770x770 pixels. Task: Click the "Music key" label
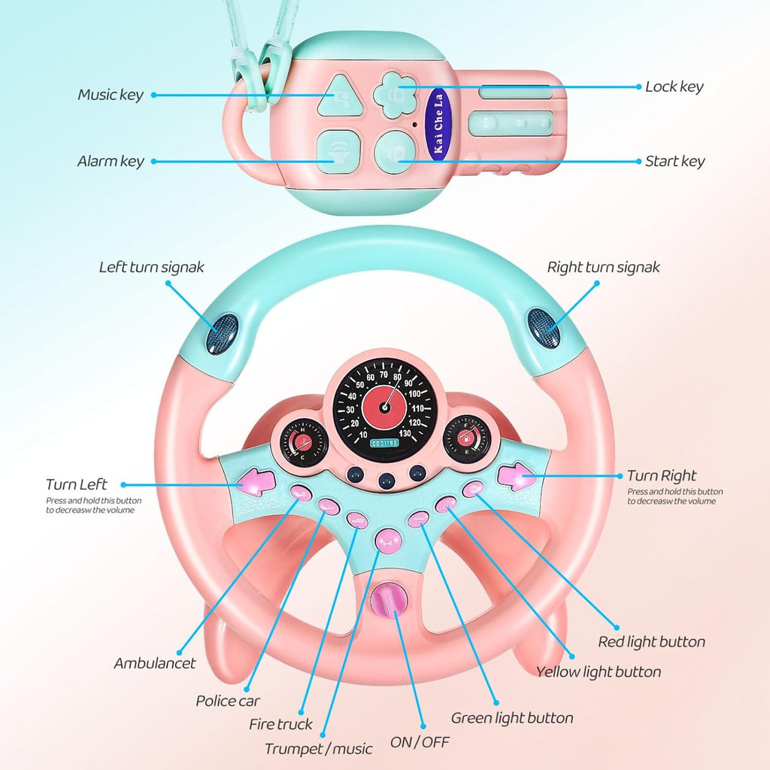[110, 95]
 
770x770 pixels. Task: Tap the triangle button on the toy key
[335, 96]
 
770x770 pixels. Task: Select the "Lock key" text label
[675, 86]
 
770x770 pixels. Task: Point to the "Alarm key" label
[110, 161]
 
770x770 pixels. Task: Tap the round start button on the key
[394, 150]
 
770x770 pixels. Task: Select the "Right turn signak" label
[603, 267]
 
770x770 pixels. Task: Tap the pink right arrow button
[517, 477]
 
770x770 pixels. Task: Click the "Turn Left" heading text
[77, 484]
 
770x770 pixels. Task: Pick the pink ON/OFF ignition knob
[388, 601]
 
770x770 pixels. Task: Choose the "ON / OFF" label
[420, 742]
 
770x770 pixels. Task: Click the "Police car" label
[228, 701]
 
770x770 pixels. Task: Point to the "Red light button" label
[651, 642]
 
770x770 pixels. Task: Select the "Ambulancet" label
[155, 663]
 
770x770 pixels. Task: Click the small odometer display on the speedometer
[384, 444]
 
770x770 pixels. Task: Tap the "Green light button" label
[512, 718]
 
